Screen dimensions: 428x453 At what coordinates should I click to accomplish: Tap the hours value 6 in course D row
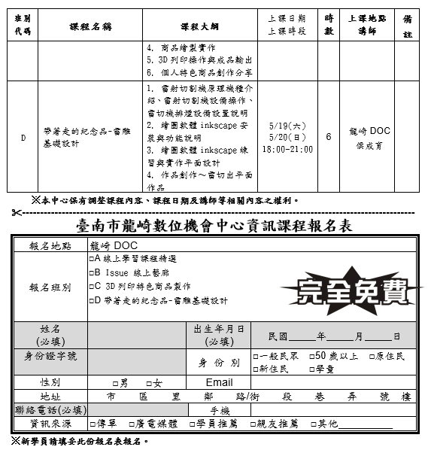(329, 138)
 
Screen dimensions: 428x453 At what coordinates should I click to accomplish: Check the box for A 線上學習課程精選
(92, 258)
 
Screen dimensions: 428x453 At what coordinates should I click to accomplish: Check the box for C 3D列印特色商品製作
(92, 286)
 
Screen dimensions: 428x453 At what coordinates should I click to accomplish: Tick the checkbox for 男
(115, 383)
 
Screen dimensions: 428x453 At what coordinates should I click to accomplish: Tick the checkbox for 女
(149, 383)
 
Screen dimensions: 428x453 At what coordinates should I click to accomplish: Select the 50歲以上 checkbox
(312, 356)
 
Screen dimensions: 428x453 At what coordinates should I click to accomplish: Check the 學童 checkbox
(312, 369)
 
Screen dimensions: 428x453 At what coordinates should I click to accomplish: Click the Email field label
(218, 382)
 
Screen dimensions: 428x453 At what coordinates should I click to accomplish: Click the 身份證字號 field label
(50, 356)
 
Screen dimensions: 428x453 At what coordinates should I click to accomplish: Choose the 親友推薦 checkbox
(253, 424)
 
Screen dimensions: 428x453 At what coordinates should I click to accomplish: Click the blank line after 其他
(366, 424)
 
